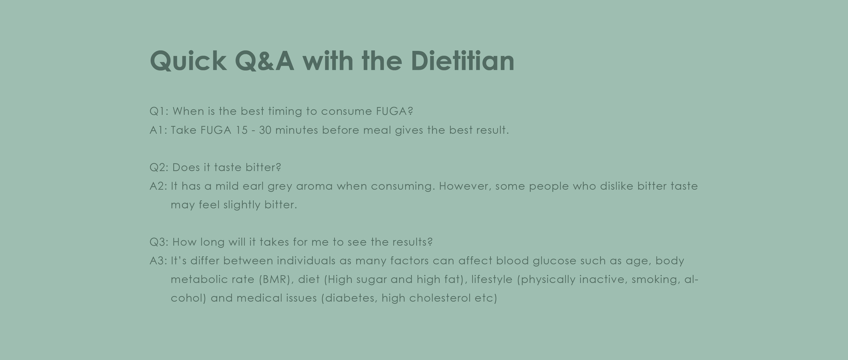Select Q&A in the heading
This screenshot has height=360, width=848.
click(x=264, y=61)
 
